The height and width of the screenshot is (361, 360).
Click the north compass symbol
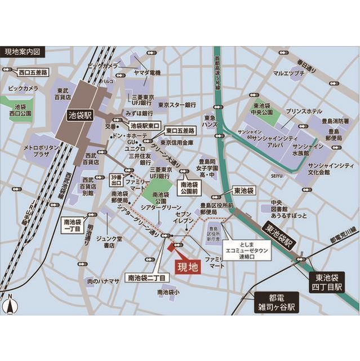[10, 304]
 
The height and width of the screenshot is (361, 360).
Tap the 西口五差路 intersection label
[33, 72]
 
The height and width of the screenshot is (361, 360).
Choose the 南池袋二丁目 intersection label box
[146, 278]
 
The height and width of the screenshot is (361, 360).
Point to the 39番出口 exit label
[117, 179]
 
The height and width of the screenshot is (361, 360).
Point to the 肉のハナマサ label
[103, 280]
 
